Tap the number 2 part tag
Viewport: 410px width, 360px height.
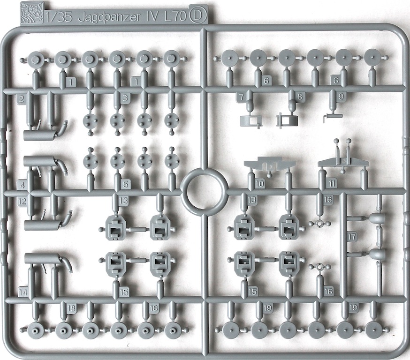(22, 99)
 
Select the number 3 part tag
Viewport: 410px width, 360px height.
(125, 98)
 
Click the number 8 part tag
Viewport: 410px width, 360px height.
(300, 97)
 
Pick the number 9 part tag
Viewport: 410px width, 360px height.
(340, 97)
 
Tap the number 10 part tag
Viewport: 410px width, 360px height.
(259, 184)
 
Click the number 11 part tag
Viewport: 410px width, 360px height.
(332, 183)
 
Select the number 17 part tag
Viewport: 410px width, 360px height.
(352, 237)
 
